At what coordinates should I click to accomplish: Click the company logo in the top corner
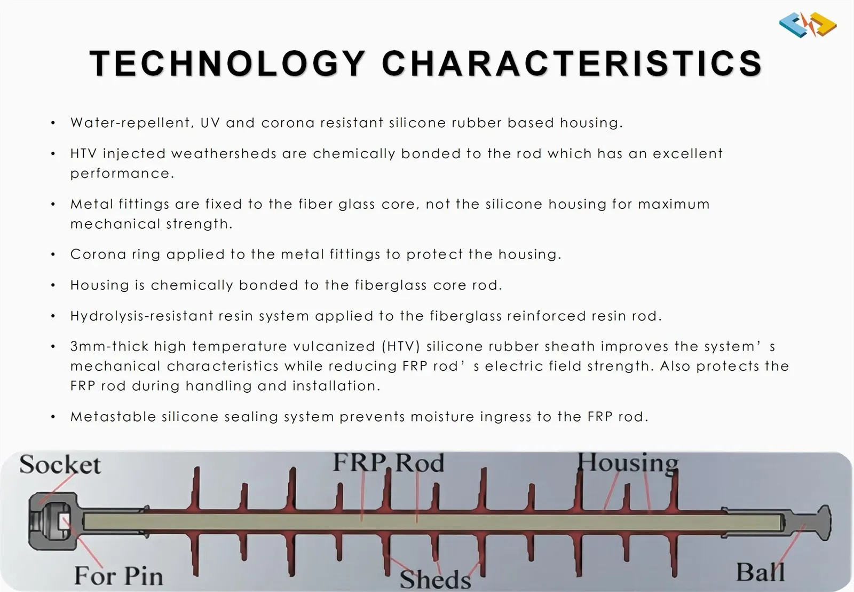click(808, 25)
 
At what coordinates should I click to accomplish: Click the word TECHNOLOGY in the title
click(227, 64)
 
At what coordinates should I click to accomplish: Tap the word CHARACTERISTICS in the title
click(572, 64)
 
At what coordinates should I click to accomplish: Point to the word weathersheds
click(224, 153)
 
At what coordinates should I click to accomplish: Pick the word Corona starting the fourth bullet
click(98, 254)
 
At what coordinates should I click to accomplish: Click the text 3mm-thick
click(109, 346)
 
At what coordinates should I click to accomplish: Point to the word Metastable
click(113, 416)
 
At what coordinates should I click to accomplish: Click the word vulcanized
click(334, 346)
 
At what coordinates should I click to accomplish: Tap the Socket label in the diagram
click(60, 464)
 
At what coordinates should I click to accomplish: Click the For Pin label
click(118, 575)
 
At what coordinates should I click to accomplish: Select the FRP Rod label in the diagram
click(389, 462)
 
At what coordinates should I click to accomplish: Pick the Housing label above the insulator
click(628, 463)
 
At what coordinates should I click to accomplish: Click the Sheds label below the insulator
click(436, 580)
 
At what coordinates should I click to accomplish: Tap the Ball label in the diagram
click(761, 572)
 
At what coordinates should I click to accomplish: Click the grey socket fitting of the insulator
click(53, 521)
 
